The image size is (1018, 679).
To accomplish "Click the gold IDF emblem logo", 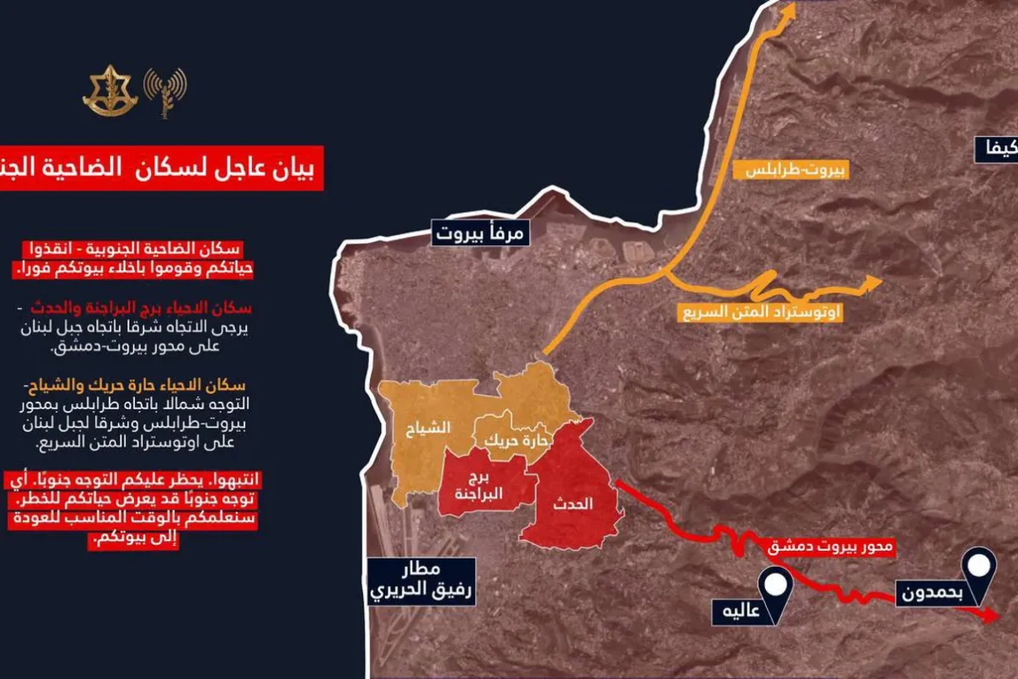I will pos(109,92).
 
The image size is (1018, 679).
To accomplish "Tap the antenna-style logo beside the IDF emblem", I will pos(165,92).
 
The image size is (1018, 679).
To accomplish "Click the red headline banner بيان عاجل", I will pos(161,169).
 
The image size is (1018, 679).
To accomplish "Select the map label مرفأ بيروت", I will pos(481,232).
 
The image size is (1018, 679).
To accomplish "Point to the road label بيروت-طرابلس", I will pos(796,169).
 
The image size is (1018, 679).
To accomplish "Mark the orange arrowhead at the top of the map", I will pos(788,10).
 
